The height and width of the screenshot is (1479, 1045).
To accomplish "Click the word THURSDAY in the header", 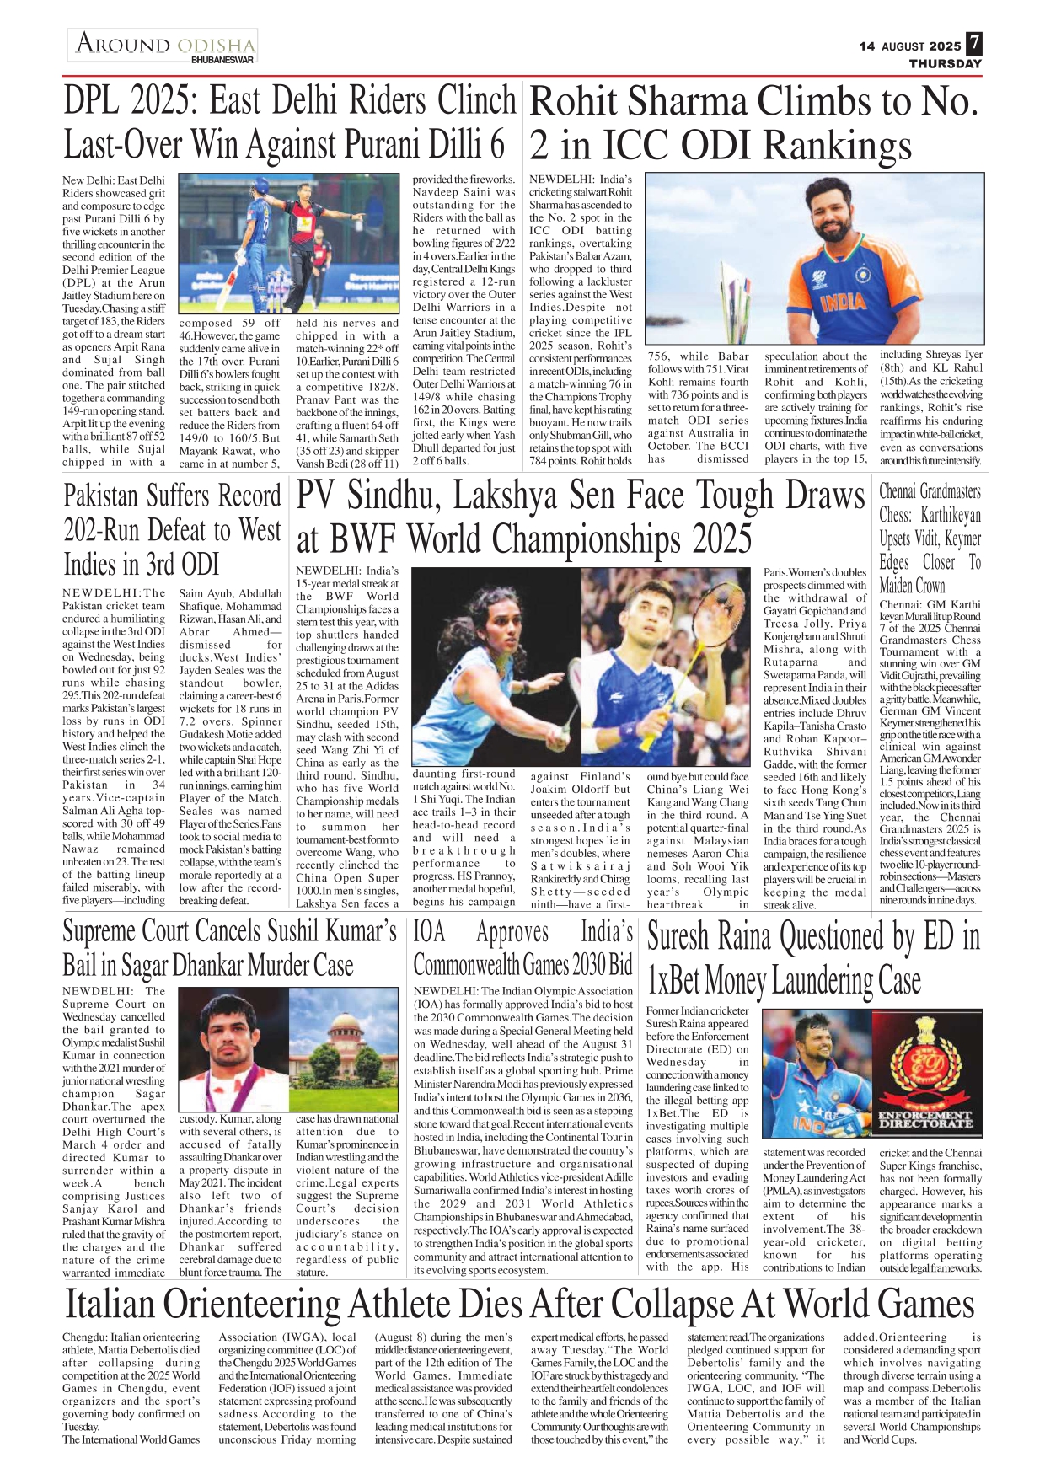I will [x=945, y=64].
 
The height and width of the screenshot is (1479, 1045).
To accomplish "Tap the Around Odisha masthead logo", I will [x=163, y=46].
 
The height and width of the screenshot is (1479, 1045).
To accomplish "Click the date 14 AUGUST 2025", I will [x=909, y=46].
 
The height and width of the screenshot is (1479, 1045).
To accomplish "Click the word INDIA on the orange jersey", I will [x=843, y=302].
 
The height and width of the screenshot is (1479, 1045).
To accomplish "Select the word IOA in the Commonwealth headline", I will [x=429, y=931].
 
